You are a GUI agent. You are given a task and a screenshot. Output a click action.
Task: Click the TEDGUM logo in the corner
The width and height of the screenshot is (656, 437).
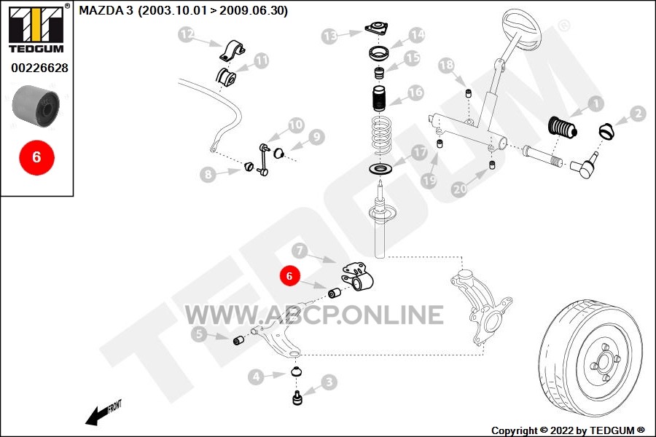pos(36,28)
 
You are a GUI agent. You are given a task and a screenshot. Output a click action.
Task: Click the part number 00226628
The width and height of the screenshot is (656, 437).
pos(40,68)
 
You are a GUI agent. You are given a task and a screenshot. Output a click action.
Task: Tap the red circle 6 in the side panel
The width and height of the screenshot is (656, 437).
pos(37,157)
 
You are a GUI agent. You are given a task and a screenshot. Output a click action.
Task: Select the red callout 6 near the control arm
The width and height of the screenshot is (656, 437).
pos(289,276)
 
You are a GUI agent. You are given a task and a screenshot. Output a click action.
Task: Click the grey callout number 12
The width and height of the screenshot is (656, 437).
pos(187,34)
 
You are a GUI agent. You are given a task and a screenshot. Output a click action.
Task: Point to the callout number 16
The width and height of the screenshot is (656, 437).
pos(415,92)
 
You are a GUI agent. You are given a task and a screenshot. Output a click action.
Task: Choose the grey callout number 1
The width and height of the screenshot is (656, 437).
pos(596,103)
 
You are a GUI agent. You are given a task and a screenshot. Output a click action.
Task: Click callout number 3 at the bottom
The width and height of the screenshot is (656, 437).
pos(329,382)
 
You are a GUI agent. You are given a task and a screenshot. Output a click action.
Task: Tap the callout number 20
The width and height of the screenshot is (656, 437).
pos(460,189)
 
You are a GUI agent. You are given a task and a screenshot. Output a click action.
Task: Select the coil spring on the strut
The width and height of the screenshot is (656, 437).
pos(381,136)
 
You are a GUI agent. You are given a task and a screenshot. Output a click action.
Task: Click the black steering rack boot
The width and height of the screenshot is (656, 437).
pos(563,127)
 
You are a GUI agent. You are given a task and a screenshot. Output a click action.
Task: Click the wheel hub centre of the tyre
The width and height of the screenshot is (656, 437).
pos(604,362)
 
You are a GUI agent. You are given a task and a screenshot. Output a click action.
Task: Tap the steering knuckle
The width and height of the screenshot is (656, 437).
pos(481,306)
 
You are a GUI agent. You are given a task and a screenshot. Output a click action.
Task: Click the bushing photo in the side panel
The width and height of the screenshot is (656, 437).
pos(36,106)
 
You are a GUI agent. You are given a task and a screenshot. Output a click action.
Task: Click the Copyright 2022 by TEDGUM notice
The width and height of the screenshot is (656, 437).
pos(568,430)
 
